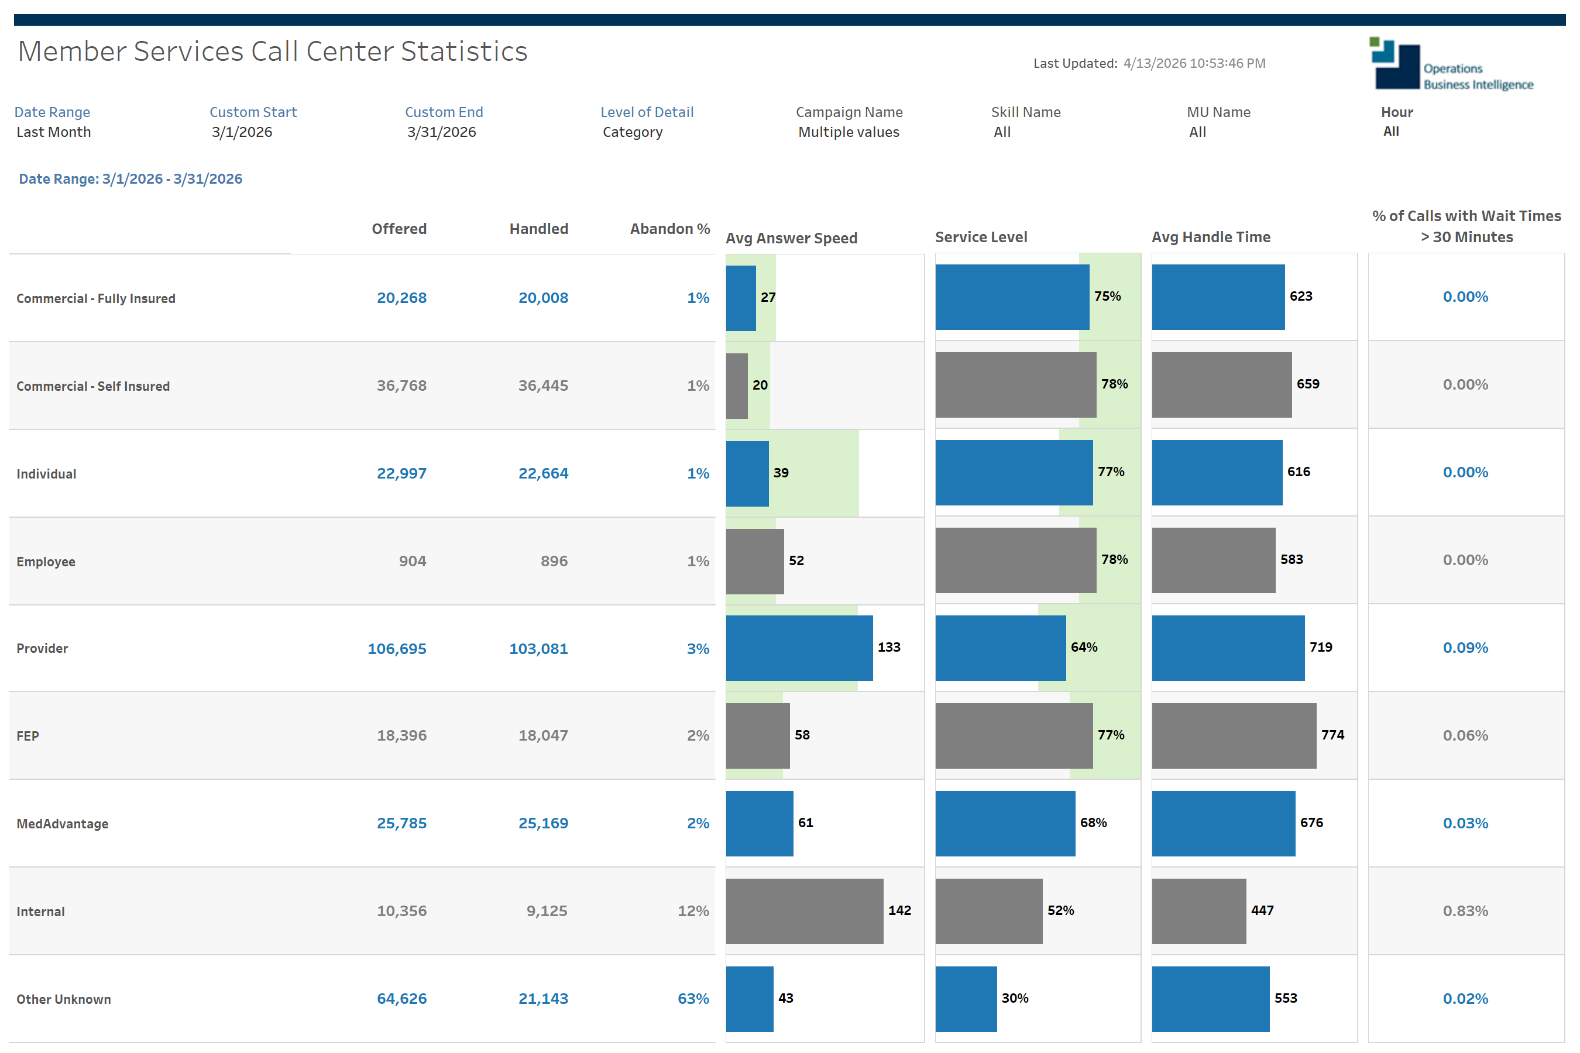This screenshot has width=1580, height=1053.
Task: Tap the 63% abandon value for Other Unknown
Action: [x=693, y=999]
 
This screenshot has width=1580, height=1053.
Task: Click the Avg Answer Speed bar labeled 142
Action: [x=804, y=911]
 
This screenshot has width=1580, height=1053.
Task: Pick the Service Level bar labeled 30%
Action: [x=966, y=999]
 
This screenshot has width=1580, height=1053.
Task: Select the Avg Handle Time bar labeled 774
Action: [x=1234, y=736]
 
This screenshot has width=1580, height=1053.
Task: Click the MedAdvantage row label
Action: [x=63, y=824]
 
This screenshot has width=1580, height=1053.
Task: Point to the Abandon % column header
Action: [x=670, y=229]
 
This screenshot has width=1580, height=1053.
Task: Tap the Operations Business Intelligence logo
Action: [x=1451, y=64]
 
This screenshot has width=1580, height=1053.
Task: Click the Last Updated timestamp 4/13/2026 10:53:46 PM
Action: [x=1194, y=63]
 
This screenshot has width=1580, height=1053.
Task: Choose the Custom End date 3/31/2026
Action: [x=441, y=132]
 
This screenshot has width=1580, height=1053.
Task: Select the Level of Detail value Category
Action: [x=632, y=132]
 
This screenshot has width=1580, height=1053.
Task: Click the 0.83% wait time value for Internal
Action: [x=1465, y=911]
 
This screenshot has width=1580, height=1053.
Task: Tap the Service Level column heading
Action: [x=981, y=237]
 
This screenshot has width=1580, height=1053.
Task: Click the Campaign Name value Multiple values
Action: [x=849, y=132]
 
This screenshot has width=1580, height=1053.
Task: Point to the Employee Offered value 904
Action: [x=413, y=562]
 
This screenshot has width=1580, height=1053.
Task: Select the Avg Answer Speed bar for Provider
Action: [x=799, y=648]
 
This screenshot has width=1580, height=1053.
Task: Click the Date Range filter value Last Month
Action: [x=54, y=132]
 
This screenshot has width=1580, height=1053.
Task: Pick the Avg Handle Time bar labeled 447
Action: [x=1198, y=911]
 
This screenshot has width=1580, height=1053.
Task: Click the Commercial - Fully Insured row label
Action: [x=96, y=298]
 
